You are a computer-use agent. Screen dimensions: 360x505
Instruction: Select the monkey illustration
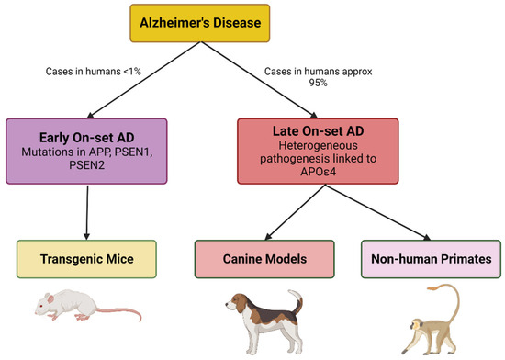427,321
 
